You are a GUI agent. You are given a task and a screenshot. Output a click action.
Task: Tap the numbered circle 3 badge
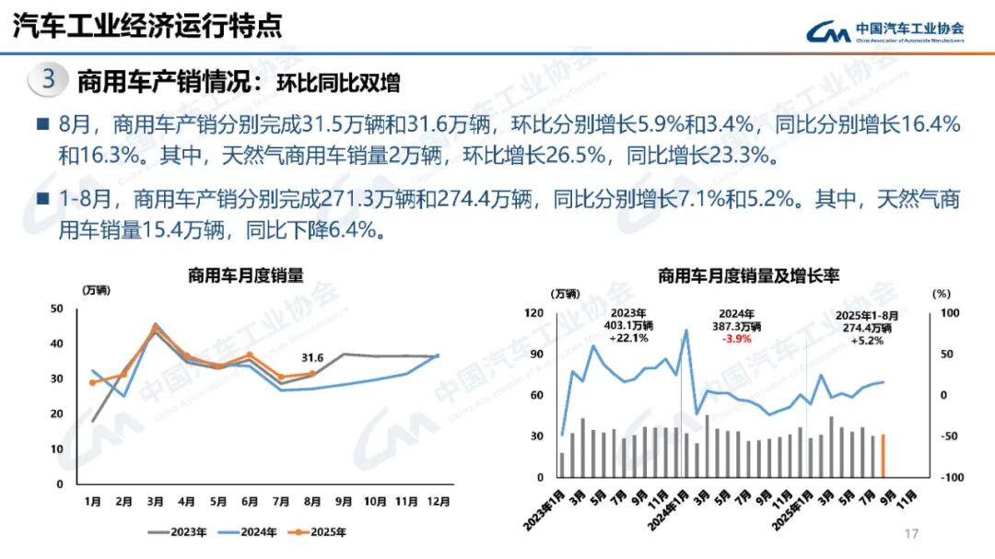click(x=48, y=79)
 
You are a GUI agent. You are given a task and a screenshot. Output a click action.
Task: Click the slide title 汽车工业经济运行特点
click(x=146, y=25)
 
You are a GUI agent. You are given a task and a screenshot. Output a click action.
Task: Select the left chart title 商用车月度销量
click(x=245, y=274)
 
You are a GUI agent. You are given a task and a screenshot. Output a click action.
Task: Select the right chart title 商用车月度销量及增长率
click(x=748, y=275)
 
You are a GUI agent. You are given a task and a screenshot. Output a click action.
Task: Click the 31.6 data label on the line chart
click(x=313, y=357)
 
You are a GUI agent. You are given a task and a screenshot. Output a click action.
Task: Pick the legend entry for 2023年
click(x=177, y=532)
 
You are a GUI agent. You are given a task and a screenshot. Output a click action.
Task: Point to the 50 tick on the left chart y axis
click(x=57, y=309)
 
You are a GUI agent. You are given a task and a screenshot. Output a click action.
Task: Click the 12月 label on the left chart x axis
click(x=439, y=502)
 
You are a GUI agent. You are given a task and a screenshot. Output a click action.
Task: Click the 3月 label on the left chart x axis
click(x=155, y=502)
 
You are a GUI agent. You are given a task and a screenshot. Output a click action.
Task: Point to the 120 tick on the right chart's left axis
click(x=534, y=313)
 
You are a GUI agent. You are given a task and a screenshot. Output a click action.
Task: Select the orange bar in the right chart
click(x=884, y=455)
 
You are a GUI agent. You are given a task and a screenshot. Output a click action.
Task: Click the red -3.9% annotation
click(x=735, y=339)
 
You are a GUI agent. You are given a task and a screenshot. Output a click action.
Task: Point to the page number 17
click(x=913, y=534)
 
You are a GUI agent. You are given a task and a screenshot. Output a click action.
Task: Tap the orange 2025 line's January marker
click(x=92, y=382)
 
